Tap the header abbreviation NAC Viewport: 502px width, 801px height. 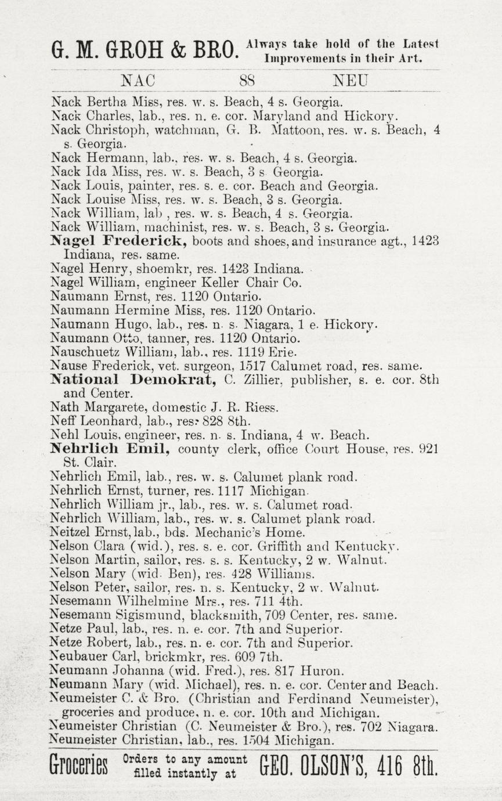(x=138, y=80)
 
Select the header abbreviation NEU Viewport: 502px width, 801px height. (x=351, y=80)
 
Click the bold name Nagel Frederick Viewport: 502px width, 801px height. (x=118, y=241)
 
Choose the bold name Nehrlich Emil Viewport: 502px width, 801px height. (x=110, y=449)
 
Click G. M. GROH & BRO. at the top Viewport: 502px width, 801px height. (x=145, y=49)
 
